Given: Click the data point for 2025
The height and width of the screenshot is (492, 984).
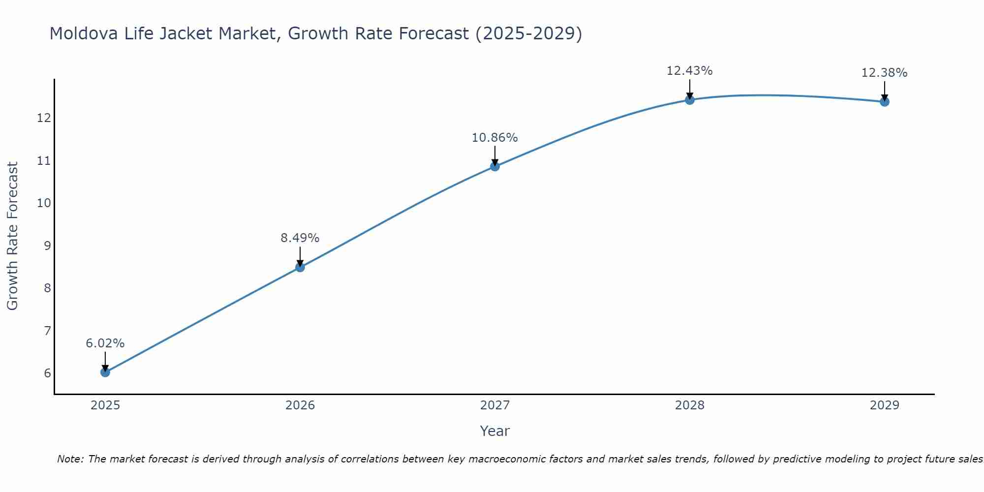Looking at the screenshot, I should click(105, 372).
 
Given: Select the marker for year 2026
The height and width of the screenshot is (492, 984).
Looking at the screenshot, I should click(300, 267).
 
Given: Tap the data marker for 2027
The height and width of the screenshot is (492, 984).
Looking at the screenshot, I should click(495, 166).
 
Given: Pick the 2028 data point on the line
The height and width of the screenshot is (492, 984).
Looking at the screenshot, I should click(690, 100).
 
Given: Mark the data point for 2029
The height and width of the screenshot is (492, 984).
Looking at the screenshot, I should click(885, 102).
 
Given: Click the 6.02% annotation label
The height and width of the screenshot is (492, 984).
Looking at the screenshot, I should click(105, 343).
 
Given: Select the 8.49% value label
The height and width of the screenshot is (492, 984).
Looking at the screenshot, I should click(300, 238).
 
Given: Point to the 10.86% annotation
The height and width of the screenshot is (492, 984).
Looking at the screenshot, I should click(495, 138).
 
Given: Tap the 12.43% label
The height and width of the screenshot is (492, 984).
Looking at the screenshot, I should click(690, 71).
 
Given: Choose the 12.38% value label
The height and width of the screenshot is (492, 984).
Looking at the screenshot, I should click(885, 73).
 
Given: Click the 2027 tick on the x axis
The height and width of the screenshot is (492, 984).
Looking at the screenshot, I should click(495, 405).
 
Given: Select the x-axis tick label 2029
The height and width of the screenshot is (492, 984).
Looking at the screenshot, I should click(885, 405).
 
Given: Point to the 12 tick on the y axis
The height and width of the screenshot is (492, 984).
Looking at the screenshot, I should click(44, 118).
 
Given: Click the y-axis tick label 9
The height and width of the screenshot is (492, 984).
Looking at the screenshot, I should click(47, 246).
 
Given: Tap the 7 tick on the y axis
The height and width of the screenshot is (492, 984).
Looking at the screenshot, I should click(47, 331).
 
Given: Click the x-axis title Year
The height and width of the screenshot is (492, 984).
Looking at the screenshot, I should click(495, 431).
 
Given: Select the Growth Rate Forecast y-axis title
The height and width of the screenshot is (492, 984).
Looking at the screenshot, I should click(13, 236).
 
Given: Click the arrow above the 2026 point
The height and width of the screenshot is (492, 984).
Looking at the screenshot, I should click(300, 256).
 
